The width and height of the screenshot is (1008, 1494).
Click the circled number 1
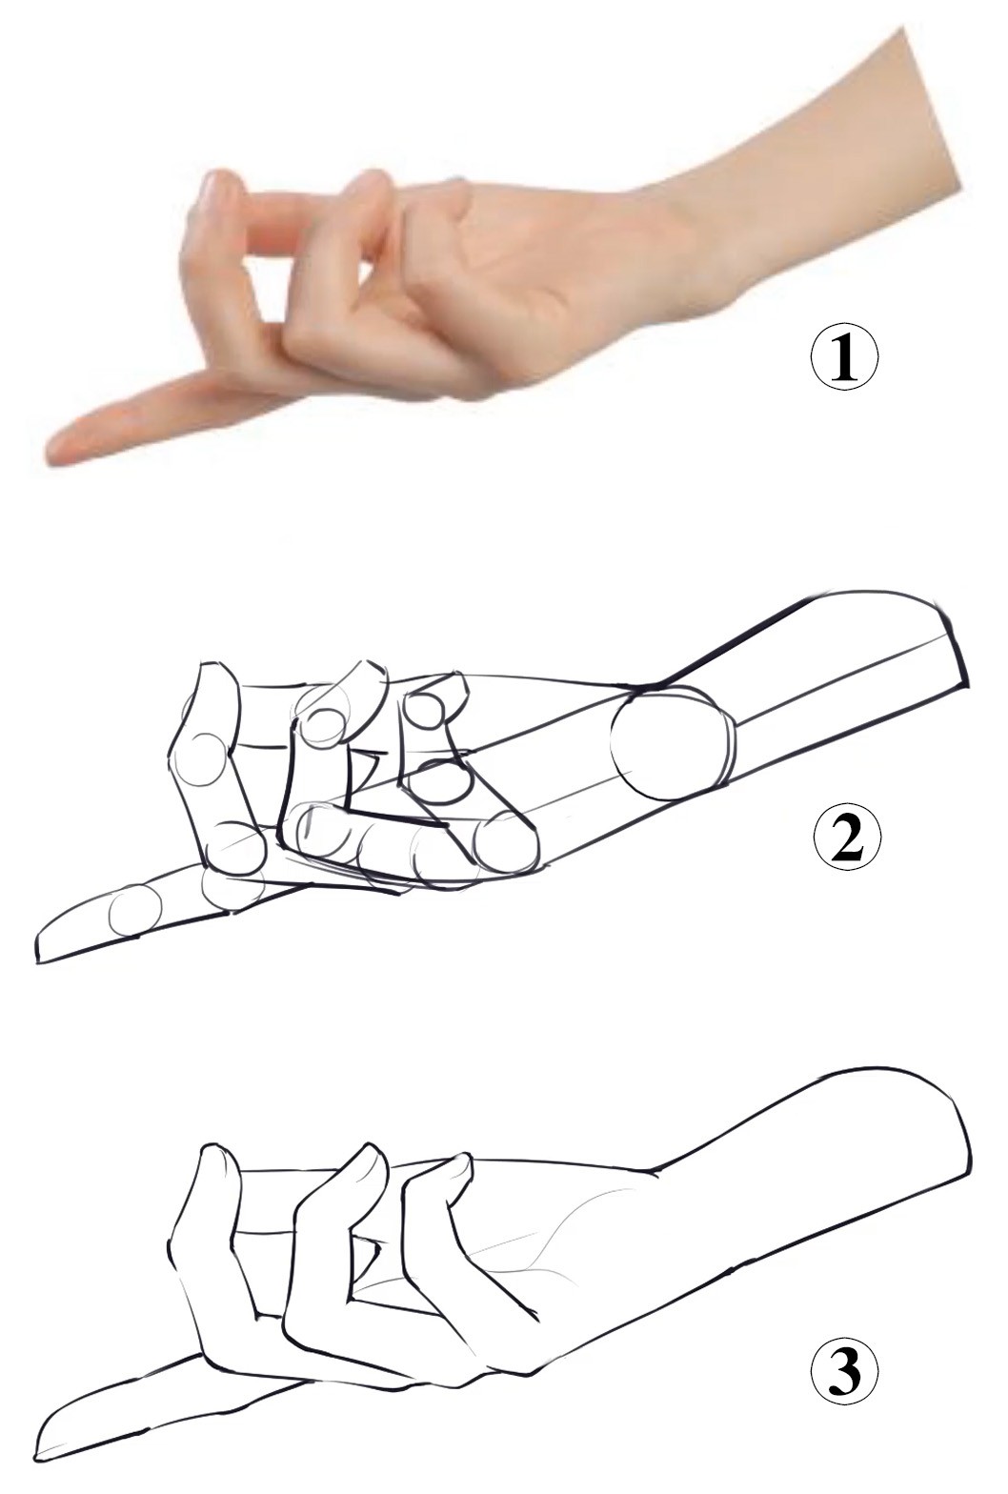coord(843,359)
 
